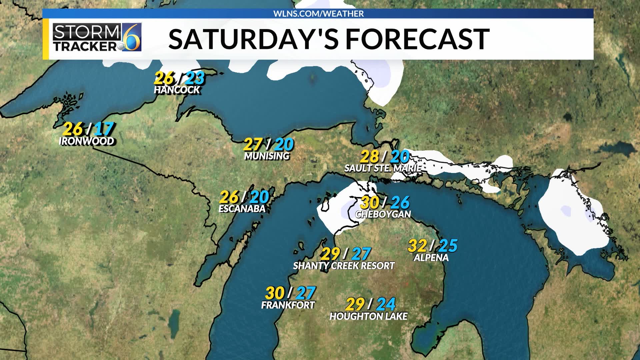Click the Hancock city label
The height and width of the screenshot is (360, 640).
[x=177, y=90]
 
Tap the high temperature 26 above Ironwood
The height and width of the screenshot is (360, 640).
[x=72, y=129]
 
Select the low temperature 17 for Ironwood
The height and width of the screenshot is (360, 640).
[x=104, y=129]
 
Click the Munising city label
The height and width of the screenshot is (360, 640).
[x=267, y=156]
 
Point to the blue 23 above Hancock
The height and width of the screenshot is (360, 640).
[x=195, y=78]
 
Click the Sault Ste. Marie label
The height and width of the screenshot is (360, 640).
[x=383, y=168]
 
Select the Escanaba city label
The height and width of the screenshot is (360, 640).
[x=242, y=209]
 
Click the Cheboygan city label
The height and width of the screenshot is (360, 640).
[x=383, y=214]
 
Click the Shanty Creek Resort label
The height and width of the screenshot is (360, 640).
[x=344, y=266]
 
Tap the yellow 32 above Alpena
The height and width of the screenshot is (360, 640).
[x=417, y=246]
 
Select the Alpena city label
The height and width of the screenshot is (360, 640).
[x=431, y=258]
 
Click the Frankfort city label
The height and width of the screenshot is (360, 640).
[x=288, y=305]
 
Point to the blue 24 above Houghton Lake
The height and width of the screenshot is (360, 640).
[x=386, y=304]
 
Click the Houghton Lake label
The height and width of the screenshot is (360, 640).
[x=368, y=316]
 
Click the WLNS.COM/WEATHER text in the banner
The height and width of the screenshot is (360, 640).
[x=318, y=14]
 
